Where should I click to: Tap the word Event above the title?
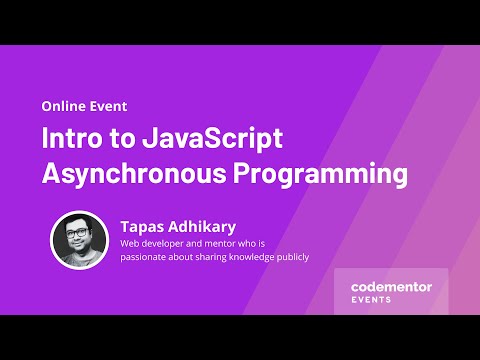[108, 105]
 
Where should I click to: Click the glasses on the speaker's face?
[79, 235]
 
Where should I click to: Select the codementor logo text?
[391, 287]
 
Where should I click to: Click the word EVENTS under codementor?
[371, 300]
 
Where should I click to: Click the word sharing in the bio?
[200, 257]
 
